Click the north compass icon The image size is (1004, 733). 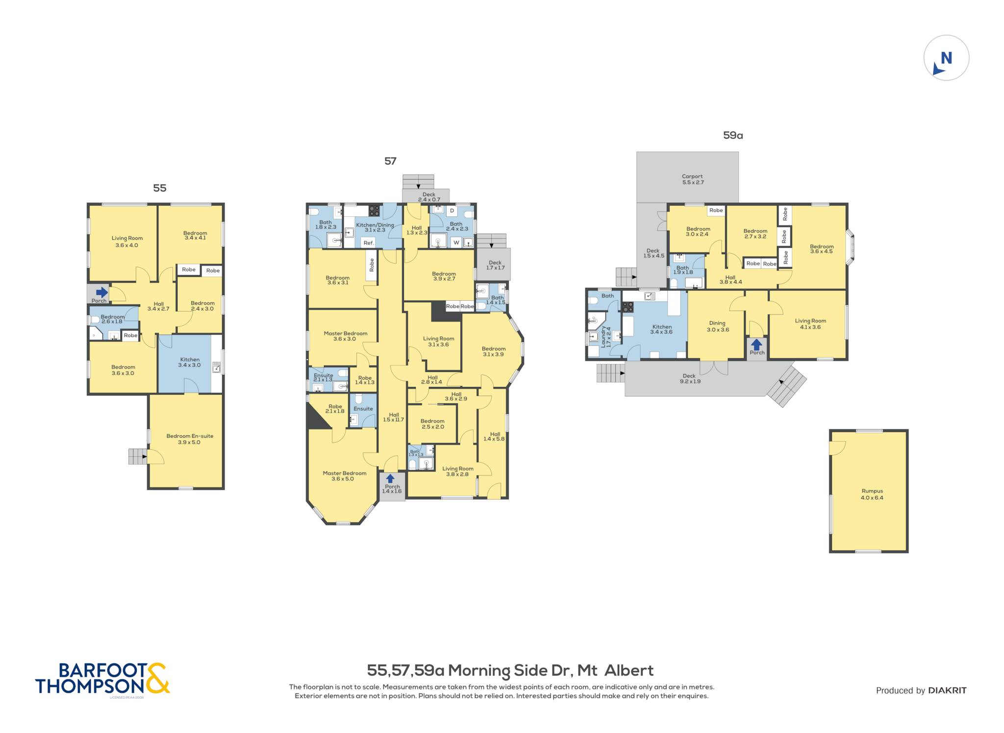[946, 58]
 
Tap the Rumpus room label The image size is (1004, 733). [872, 494]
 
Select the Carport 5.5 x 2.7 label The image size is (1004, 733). [692, 179]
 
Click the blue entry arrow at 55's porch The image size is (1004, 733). [101, 292]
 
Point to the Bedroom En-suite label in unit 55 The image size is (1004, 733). [190, 439]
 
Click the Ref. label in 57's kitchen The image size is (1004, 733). [369, 243]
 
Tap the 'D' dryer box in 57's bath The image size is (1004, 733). [452, 211]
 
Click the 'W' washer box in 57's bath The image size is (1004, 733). [456, 242]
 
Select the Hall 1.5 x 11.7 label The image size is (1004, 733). [394, 417]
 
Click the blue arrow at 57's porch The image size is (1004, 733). [390, 478]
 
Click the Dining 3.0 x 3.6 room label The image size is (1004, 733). [718, 326]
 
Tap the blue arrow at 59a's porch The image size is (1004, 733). [757, 344]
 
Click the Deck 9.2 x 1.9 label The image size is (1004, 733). [689, 378]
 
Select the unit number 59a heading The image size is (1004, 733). [733, 135]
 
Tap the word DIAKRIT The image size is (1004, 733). [947, 690]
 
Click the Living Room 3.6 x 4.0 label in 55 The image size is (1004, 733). [127, 241]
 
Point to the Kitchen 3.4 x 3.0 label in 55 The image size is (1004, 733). [190, 362]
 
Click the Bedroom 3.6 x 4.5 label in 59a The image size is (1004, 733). [822, 249]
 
